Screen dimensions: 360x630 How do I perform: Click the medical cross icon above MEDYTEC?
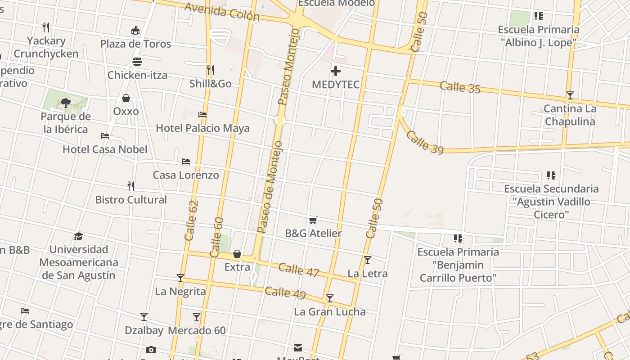click(335, 71)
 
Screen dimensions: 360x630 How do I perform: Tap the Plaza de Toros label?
click(135, 44)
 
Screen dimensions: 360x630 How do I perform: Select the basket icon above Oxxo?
click(126, 98)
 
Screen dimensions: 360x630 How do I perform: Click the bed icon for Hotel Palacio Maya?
click(202, 115)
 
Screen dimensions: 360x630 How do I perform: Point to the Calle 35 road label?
click(460, 87)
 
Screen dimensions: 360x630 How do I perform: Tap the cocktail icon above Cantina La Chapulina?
click(570, 95)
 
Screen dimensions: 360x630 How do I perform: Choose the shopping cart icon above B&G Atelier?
click(313, 220)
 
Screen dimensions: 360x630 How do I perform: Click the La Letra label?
click(368, 273)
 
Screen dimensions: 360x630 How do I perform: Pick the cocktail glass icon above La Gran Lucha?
click(330, 298)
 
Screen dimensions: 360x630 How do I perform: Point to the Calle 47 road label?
click(299, 270)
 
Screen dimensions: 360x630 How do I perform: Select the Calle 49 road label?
click(285, 292)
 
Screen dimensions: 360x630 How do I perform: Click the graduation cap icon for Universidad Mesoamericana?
click(79, 236)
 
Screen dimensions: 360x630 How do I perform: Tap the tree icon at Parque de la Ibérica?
click(66, 103)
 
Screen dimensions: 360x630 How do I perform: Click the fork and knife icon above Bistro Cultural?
click(131, 186)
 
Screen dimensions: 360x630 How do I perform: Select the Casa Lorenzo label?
click(186, 175)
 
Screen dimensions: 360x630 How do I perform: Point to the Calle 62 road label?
click(192, 220)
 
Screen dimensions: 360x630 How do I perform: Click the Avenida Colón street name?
click(222, 12)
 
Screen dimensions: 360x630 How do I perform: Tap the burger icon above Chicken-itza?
click(137, 62)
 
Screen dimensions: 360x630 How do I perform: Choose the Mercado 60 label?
click(197, 330)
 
